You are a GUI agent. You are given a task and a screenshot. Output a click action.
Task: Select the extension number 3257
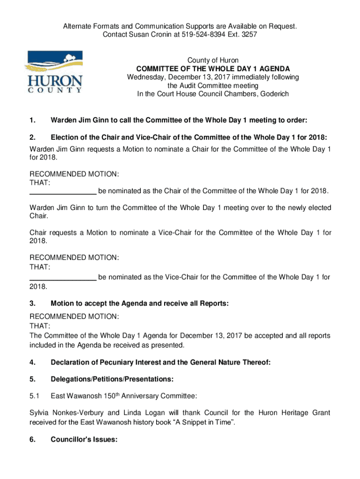(x=249, y=35)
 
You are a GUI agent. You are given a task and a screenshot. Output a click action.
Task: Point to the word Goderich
(x=273, y=94)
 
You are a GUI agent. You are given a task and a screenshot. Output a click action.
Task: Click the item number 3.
(x=32, y=304)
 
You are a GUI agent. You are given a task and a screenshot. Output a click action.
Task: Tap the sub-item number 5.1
(x=34, y=397)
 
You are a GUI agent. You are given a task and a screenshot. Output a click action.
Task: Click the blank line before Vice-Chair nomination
(x=63, y=277)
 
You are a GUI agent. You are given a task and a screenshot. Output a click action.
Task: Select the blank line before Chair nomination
(x=63, y=191)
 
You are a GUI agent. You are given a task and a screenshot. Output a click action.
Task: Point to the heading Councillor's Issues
(x=84, y=440)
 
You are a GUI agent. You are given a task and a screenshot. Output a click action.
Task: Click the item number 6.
(x=32, y=440)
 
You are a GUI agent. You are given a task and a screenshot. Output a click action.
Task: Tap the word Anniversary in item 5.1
(x=133, y=397)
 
